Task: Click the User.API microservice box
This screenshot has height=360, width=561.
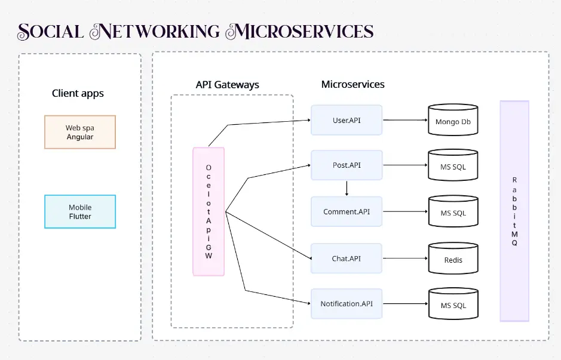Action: pos(346,120)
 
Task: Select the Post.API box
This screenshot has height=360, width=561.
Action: pos(346,165)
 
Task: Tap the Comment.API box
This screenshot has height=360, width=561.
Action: pos(346,211)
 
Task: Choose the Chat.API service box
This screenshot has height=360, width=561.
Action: pos(346,259)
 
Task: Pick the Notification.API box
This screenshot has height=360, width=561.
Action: pos(346,304)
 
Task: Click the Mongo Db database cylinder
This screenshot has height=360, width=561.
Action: pos(453,121)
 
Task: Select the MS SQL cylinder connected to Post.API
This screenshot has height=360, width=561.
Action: pos(453,167)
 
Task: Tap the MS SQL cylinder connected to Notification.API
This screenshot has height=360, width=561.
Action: pos(453,305)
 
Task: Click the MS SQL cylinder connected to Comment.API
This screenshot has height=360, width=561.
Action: pos(453,213)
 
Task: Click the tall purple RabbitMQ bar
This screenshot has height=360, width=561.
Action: pos(514,211)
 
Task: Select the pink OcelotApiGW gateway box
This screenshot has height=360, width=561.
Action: pos(209,211)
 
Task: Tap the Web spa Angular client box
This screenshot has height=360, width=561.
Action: pos(80,132)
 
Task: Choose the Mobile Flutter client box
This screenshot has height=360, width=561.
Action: pos(80,211)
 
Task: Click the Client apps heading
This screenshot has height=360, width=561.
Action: pos(78,93)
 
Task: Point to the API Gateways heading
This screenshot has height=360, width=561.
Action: pos(227,85)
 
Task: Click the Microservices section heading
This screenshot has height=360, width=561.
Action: pos(352,84)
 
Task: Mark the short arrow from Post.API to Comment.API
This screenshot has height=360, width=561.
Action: pos(347,188)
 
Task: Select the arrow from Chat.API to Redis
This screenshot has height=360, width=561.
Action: pos(405,259)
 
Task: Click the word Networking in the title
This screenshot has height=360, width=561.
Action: pos(154,32)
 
